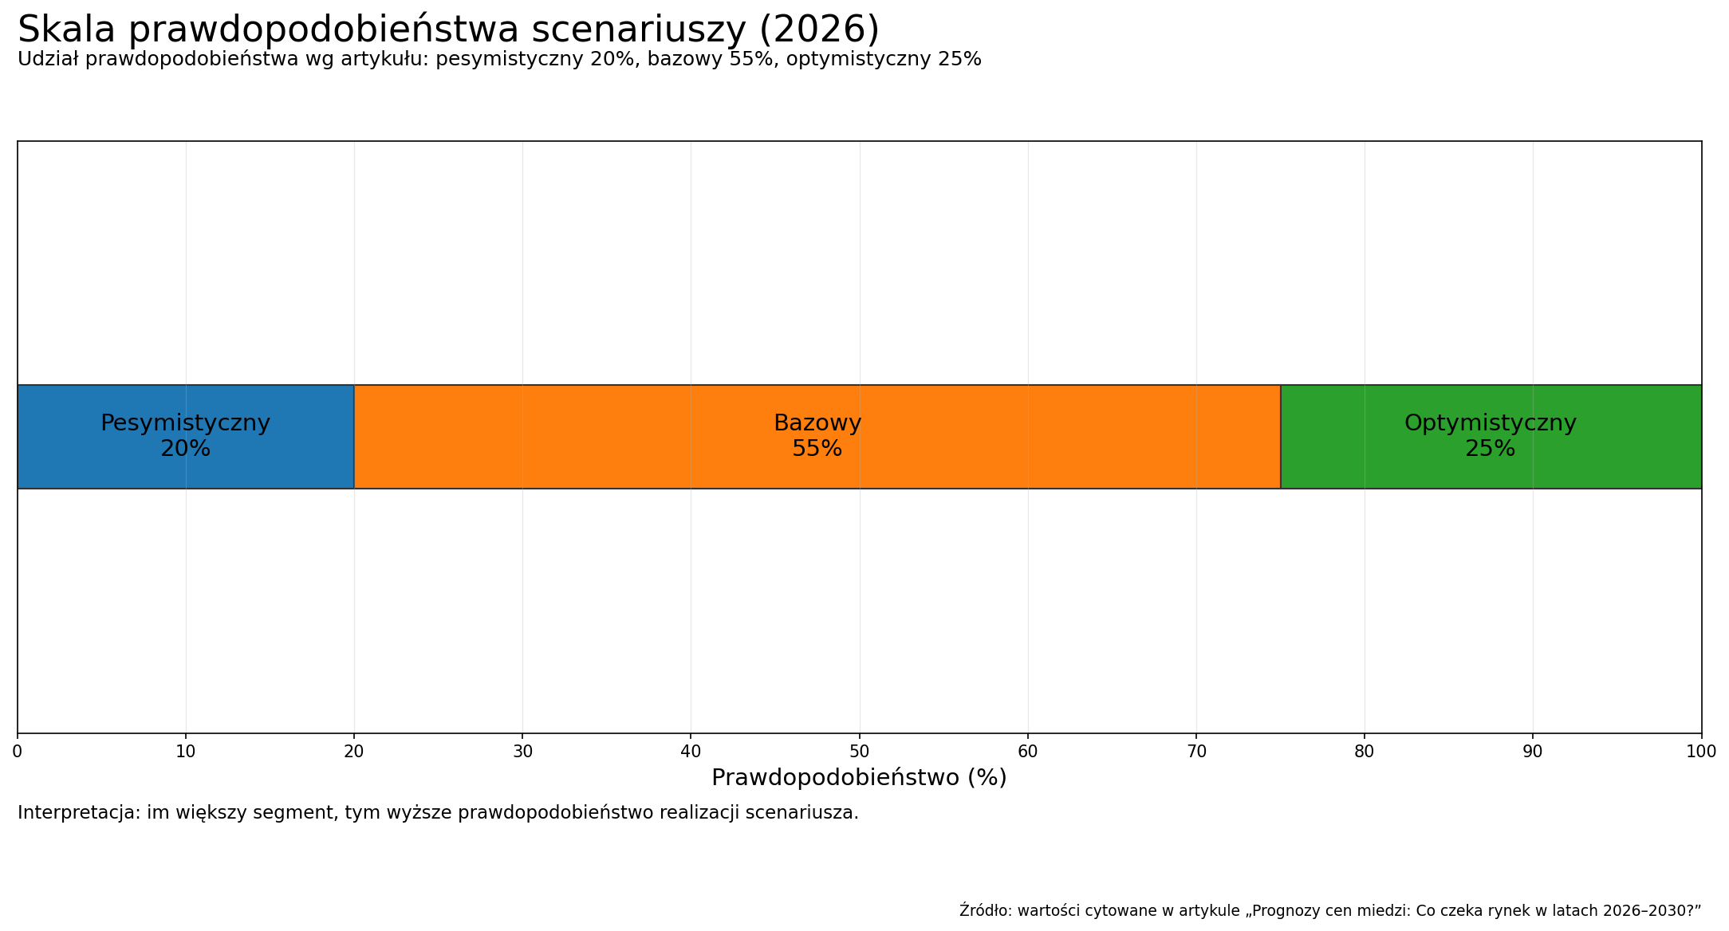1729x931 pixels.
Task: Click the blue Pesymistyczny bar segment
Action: (96, 470)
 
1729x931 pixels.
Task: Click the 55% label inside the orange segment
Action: (817, 450)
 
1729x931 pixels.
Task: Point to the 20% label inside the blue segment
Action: (185, 450)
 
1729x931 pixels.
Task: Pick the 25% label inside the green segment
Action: (1490, 450)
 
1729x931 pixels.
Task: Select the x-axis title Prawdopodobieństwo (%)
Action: (859, 778)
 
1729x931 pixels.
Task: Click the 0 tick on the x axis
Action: (18, 752)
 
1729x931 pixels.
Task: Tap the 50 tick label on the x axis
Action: (859, 752)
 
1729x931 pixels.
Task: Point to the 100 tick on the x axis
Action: (1700, 752)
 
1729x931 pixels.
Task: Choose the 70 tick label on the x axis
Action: (1195, 752)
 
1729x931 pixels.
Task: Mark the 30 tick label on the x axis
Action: (522, 752)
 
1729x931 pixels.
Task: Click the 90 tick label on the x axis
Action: (1532, 752)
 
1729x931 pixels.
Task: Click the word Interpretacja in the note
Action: (78, 813)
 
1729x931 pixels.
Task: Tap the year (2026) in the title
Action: (819, 30)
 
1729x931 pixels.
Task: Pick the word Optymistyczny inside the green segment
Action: (1490, 423)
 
